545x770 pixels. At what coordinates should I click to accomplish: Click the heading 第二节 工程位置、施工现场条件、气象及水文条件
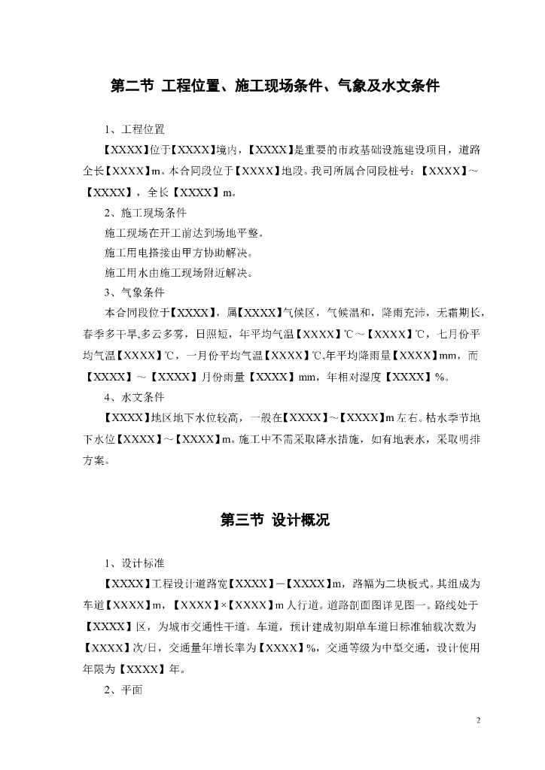click(275, 87)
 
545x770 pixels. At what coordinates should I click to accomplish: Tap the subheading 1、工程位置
click(135, 130)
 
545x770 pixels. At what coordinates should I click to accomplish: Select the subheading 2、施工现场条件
click(145, 212)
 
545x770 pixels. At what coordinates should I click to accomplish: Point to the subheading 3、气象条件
click(135, 293)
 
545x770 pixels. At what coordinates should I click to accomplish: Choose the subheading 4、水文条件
click(135, 396)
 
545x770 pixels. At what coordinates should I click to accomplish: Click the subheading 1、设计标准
click(135, 563)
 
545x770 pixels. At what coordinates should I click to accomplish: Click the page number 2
click(479, 721)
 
